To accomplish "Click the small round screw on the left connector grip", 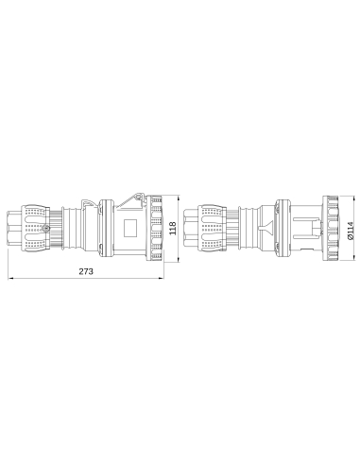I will point(41,228).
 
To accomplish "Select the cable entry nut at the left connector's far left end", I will point(14,228).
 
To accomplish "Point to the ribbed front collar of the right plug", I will point(330,228).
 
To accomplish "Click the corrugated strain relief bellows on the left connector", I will point(66,228).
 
